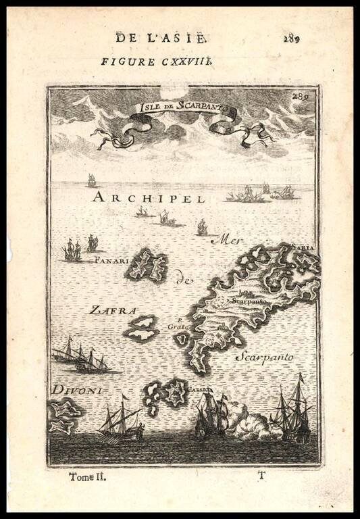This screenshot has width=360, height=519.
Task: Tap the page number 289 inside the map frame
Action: point(301,96)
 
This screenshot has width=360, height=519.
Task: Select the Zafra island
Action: point(143,328)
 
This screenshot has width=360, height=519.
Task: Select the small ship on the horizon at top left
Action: point(91,180)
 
